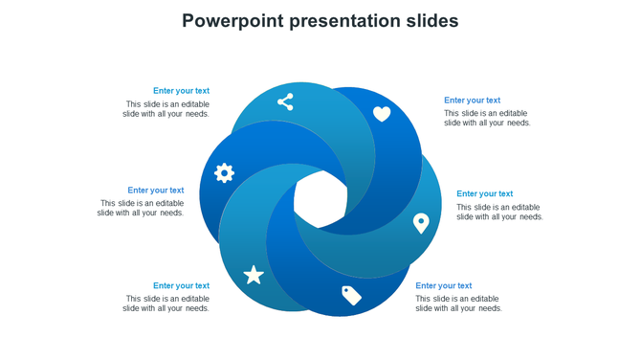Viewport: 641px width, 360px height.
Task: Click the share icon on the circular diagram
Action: (x=285, y=101)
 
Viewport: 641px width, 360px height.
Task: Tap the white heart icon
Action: (x=382, y=114)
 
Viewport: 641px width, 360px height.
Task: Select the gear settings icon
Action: (x=224, y=173)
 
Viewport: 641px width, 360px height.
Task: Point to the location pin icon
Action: (x=420, y=223)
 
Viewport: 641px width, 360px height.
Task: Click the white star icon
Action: (x=254, y=276)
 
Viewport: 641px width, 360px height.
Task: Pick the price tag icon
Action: (x=351, y=295)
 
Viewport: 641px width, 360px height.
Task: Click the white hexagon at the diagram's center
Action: (x=320, y=200)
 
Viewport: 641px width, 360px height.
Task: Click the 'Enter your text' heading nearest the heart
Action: (x=472, y=101)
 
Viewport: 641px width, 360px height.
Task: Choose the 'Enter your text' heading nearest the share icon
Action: (x=181, y=91)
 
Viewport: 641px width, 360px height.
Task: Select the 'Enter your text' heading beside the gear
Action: (x=155, y=191)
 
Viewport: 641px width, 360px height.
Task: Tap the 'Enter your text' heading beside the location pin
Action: (x=484, y=194)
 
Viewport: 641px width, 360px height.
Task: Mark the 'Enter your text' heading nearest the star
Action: (x=181, y=286)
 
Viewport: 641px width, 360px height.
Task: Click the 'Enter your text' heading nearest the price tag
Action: (x=443, y=286)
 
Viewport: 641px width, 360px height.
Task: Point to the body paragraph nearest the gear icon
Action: (x=141, y=209)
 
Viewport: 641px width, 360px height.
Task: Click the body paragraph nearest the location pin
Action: (x=499, y=213)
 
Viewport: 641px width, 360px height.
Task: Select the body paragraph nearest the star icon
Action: (x=166, y=304)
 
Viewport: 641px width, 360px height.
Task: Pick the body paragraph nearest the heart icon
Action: (x=487, y=119)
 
